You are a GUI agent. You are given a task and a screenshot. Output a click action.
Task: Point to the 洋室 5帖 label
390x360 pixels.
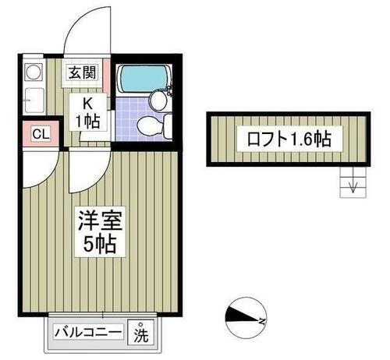97,231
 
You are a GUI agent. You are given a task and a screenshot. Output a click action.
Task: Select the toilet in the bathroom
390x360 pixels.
149,126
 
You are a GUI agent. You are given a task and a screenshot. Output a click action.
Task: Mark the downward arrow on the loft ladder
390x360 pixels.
353,186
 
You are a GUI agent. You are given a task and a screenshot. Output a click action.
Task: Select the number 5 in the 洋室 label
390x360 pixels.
84,245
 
